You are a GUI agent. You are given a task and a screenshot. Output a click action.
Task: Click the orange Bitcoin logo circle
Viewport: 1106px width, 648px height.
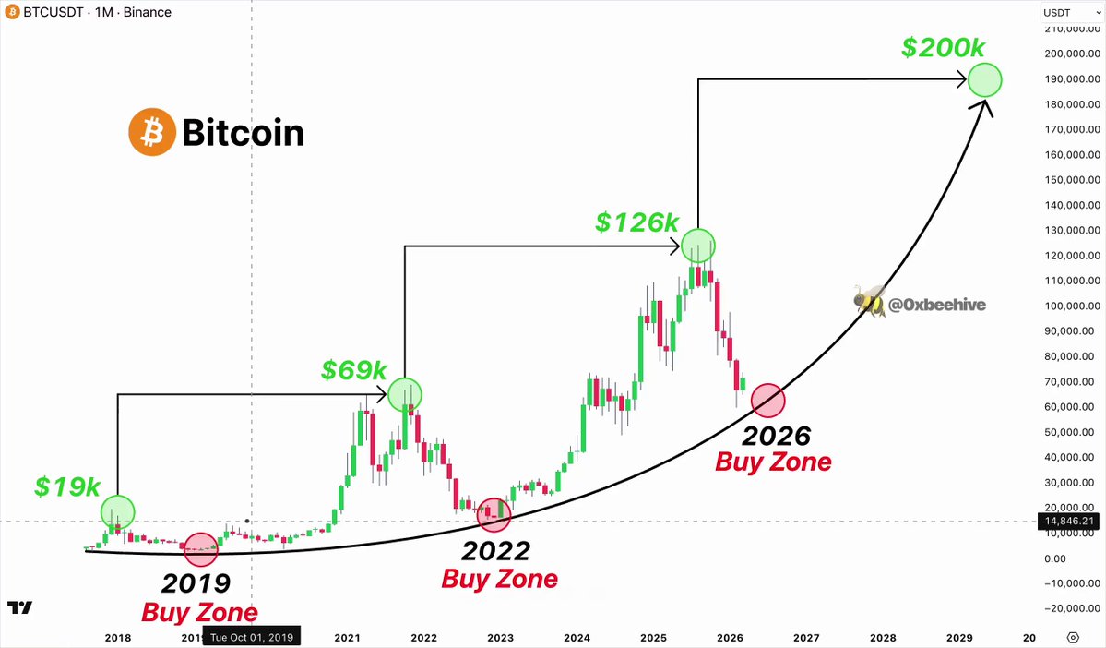pos(151,132)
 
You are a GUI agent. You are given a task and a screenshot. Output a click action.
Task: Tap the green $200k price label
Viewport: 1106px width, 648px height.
pos(943,47)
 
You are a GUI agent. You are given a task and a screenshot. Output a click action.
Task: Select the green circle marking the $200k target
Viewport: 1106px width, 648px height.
pos(984,79)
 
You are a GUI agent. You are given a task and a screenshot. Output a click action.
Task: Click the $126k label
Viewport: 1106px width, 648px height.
pos(636,222)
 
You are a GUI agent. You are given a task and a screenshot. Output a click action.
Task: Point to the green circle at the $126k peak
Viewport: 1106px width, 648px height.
pos(698,246)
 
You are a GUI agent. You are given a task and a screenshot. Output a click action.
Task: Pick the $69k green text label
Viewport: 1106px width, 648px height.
pos(354,369)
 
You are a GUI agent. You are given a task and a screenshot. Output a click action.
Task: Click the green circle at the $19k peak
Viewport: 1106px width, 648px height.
pos(117,512)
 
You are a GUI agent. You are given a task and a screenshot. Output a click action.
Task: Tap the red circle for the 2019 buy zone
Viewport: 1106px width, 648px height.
pos(201,549)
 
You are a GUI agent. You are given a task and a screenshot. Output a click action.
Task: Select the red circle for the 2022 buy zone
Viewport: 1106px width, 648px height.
pos(494,514)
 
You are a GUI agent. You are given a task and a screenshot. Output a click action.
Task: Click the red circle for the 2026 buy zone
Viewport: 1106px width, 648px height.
pos(768,401)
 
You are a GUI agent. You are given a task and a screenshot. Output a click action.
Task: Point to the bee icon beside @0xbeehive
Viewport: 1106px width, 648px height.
pos(869,302)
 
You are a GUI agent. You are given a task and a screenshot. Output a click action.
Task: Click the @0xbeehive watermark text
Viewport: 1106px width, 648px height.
pos(937,305)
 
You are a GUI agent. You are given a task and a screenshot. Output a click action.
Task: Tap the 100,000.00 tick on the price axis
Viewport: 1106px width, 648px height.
pos(1072,306)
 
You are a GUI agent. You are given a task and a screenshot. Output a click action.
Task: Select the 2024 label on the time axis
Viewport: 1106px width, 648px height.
pos(577,638)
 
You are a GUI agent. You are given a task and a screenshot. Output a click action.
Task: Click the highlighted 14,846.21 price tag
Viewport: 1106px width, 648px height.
pos(1068,521)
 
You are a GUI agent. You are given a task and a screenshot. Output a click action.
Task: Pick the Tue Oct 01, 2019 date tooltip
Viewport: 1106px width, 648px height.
pos(252,638)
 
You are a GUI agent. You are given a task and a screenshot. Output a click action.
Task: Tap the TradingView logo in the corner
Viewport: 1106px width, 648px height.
pos(19,607)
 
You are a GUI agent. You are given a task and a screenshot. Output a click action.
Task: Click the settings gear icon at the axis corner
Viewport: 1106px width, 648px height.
pos(1073,638)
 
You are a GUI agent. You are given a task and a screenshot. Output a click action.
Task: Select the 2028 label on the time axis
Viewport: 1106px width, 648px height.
pos(883,638)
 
